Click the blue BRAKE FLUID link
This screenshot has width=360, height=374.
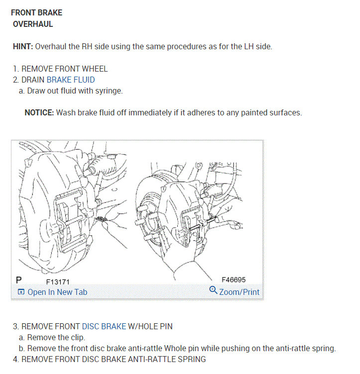[x=71, y=80]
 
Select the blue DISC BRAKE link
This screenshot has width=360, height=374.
[x=104, y=326]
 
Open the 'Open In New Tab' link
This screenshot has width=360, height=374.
[x=57, y=292]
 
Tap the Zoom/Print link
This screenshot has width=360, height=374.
[x=239, y=292]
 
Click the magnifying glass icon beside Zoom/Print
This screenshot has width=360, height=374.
[x=213, y=290]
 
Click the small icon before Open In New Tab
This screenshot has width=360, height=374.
[x=21, y=292]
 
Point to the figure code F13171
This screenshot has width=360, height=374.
[x=58, y=282]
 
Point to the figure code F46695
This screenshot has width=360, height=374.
[x=234, y=280]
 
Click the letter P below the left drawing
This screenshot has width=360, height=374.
[x=18, y=280]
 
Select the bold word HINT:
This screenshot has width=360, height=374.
[x=23, y=46]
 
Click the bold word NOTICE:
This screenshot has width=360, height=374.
[x=39, y=112]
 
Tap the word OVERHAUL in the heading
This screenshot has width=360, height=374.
[x=33, y=24]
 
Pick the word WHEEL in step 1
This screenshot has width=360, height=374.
[x=95, y=69]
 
